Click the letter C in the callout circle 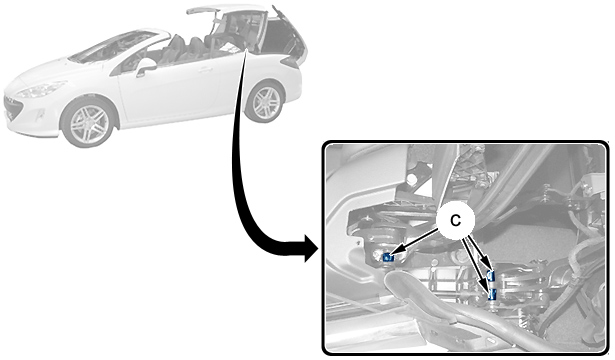point(455,221)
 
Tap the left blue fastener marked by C point(387,257)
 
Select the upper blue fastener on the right point(491,276)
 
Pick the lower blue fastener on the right point(493,294)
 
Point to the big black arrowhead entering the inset point(310,248)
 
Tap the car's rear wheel point(265,102)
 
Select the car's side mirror point(145,67)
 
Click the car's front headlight point(41,90)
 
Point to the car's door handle point(205,70)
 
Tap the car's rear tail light point(290,62)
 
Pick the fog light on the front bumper point(40,116)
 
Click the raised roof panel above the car point(204,9)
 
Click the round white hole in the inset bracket point(412,179)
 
